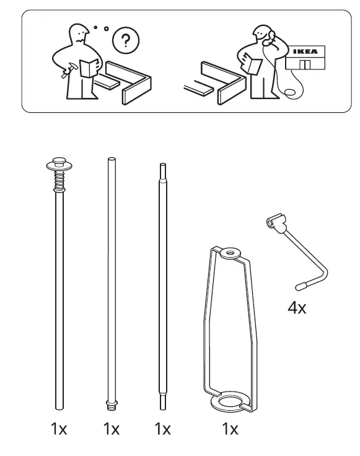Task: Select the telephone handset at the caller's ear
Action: click(x=269, y=44)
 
